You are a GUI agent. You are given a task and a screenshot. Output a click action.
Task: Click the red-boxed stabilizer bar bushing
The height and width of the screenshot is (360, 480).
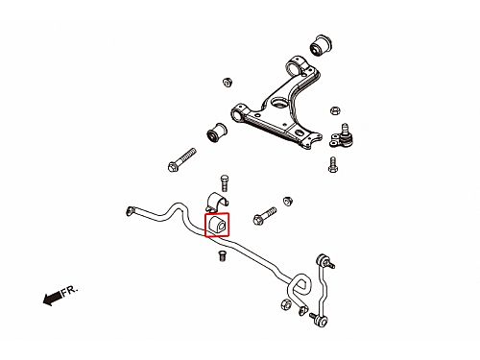click(x=217, y=224)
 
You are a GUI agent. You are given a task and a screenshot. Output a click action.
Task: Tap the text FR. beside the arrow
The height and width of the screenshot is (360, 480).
click(x=69, y=291)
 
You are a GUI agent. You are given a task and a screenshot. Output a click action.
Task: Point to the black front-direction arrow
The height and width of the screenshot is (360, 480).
click(x=52, y=299)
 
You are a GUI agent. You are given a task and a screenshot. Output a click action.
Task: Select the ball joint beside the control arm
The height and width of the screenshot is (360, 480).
click(x=342, y=136)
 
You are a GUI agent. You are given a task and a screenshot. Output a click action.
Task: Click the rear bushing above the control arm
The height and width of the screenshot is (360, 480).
click(x=321, y=44)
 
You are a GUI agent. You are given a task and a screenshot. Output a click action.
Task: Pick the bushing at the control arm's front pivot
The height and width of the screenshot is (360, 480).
click(x=217, y=132)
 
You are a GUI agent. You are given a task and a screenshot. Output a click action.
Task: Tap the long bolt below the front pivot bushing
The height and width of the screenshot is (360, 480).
click(x=181, y=159)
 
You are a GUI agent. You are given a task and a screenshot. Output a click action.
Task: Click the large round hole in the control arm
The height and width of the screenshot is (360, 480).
click(x=279, y=103)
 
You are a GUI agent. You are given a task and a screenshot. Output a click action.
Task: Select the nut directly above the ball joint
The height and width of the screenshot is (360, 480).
click(x=334, y=110)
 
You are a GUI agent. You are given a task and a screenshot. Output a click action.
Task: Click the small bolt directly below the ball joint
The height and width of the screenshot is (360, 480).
click(x=333, y=164)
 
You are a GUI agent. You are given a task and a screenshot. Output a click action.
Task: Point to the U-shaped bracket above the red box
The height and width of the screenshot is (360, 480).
click(x=217, y=202)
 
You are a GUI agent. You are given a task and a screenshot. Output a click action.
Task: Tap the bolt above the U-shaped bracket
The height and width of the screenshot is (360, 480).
click(x=225, y=183)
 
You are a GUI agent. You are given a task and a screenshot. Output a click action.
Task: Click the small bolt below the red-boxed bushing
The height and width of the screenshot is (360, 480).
click(x=222, y=255)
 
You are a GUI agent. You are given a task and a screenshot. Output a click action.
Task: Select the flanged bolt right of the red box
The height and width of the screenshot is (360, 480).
click(x=265, y=216)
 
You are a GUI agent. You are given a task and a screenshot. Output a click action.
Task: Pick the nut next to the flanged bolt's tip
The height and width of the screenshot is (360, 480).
click(x=288, y=201)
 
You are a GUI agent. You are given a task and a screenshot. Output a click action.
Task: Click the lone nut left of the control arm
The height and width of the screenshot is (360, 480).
click(x=228, y=83)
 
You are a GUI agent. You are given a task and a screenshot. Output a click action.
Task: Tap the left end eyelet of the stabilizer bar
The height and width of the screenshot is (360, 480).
click(x=130, y=211)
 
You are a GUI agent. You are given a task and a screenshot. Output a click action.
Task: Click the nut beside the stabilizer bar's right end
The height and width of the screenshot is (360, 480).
click(x=286, y=304)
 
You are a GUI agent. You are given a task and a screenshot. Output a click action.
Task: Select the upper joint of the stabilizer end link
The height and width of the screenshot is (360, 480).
click(x=324, y=260)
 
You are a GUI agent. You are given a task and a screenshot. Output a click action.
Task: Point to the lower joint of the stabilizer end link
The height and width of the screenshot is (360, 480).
click(x=320, y=319)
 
